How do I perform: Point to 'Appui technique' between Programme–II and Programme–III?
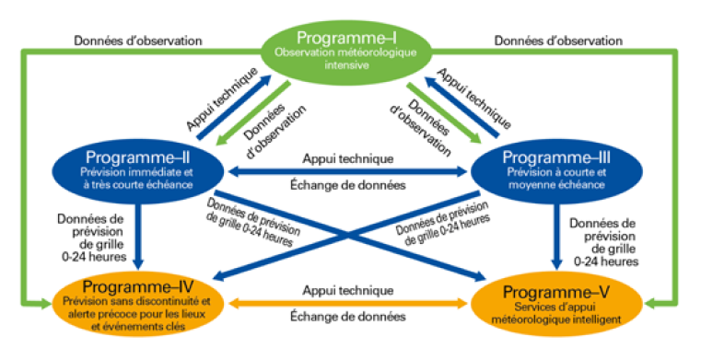tap(348, 157)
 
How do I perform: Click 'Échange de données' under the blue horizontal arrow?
tap(348, 187)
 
